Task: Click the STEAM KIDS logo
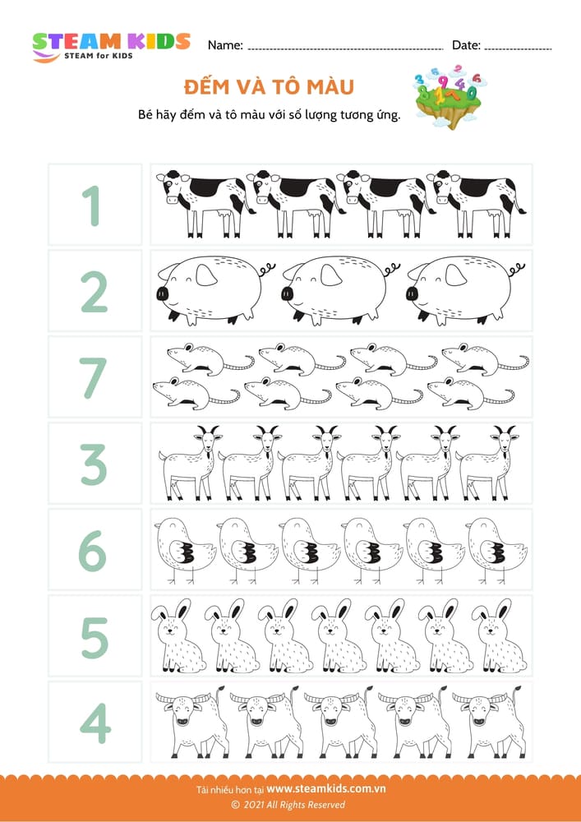point(111,47)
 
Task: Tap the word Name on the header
point(225,45)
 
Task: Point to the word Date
point(466,45)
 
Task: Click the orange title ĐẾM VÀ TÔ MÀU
point(269,87)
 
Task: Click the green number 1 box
point(95,205)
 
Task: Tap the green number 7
point(95,377)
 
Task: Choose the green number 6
point(93,551)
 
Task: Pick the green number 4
point(95,723)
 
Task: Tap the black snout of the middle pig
point(287,293)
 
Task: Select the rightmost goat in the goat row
point(488,463)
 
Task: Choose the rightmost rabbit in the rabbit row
point(498,636)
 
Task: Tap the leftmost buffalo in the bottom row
point(191,723)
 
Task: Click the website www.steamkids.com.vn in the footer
point(326,788)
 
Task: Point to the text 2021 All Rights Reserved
point(293,805)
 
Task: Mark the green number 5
point(95,638)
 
